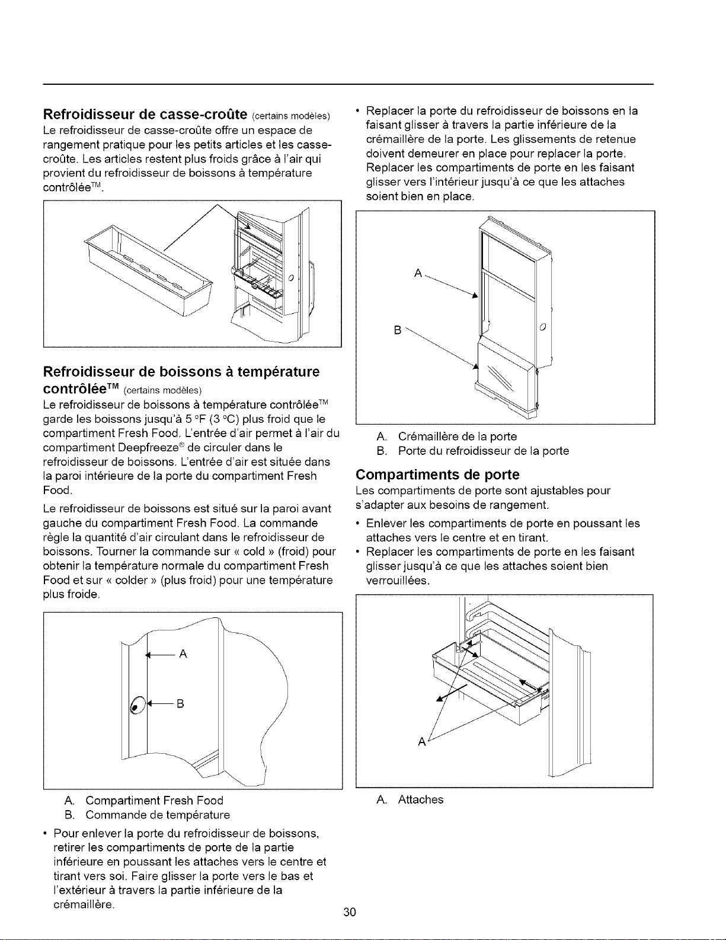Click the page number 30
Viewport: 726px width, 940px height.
point(350,912)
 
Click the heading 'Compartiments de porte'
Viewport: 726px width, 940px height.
point(437,474)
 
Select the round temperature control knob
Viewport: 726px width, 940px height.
point(137,706)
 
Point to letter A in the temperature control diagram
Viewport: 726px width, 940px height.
point(183,654)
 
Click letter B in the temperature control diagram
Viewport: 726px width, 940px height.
point(180,704)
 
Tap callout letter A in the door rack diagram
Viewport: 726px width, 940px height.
point(418,273)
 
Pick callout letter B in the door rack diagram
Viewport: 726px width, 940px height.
point(398,330)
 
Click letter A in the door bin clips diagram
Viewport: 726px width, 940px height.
point(422,742)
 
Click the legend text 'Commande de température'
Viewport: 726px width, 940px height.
point(157,815)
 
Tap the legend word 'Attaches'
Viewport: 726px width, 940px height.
point(420,799)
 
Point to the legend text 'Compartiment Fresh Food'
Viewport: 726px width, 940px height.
point(154,800)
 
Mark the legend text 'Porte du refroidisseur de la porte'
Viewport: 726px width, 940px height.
point(484,451)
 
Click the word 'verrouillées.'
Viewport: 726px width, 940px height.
point(398,581)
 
